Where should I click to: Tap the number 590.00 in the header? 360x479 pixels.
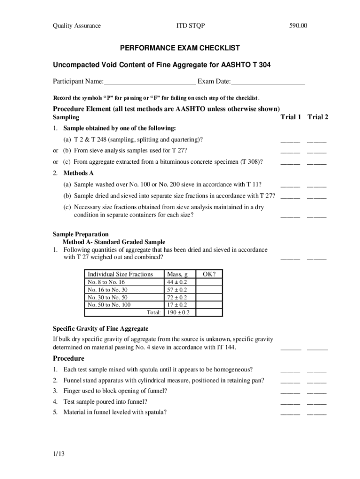(298, 26)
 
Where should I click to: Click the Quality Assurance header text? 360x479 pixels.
(76, 26)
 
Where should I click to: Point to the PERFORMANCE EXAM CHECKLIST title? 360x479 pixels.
(180, 48)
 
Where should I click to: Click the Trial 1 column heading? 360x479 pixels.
(290, 117)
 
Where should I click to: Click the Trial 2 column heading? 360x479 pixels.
(317, 117)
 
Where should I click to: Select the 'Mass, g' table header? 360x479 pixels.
(177, 274)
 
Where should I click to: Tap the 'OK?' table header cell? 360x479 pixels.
(209, 274)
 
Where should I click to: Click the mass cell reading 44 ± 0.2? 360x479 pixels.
(177, 282)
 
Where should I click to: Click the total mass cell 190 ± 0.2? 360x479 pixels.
(179, 312)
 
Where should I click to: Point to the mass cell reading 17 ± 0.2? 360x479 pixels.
(177, 305)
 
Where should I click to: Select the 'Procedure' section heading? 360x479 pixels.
(68, 358)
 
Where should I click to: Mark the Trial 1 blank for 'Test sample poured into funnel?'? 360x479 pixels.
(290, 402)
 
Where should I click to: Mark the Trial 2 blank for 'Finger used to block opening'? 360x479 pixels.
(317, 392)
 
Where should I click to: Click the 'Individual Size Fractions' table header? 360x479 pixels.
(120, 274)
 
